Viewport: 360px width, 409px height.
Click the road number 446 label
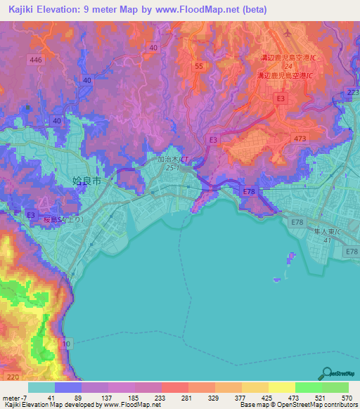37,61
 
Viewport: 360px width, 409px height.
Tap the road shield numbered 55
199,65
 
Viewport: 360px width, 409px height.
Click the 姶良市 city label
87,181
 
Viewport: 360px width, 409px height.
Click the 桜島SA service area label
60,219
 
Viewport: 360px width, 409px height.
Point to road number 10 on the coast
65,343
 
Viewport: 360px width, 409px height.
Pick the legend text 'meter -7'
15,397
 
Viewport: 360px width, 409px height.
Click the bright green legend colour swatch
308,387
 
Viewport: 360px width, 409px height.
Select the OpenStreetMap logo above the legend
337,374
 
